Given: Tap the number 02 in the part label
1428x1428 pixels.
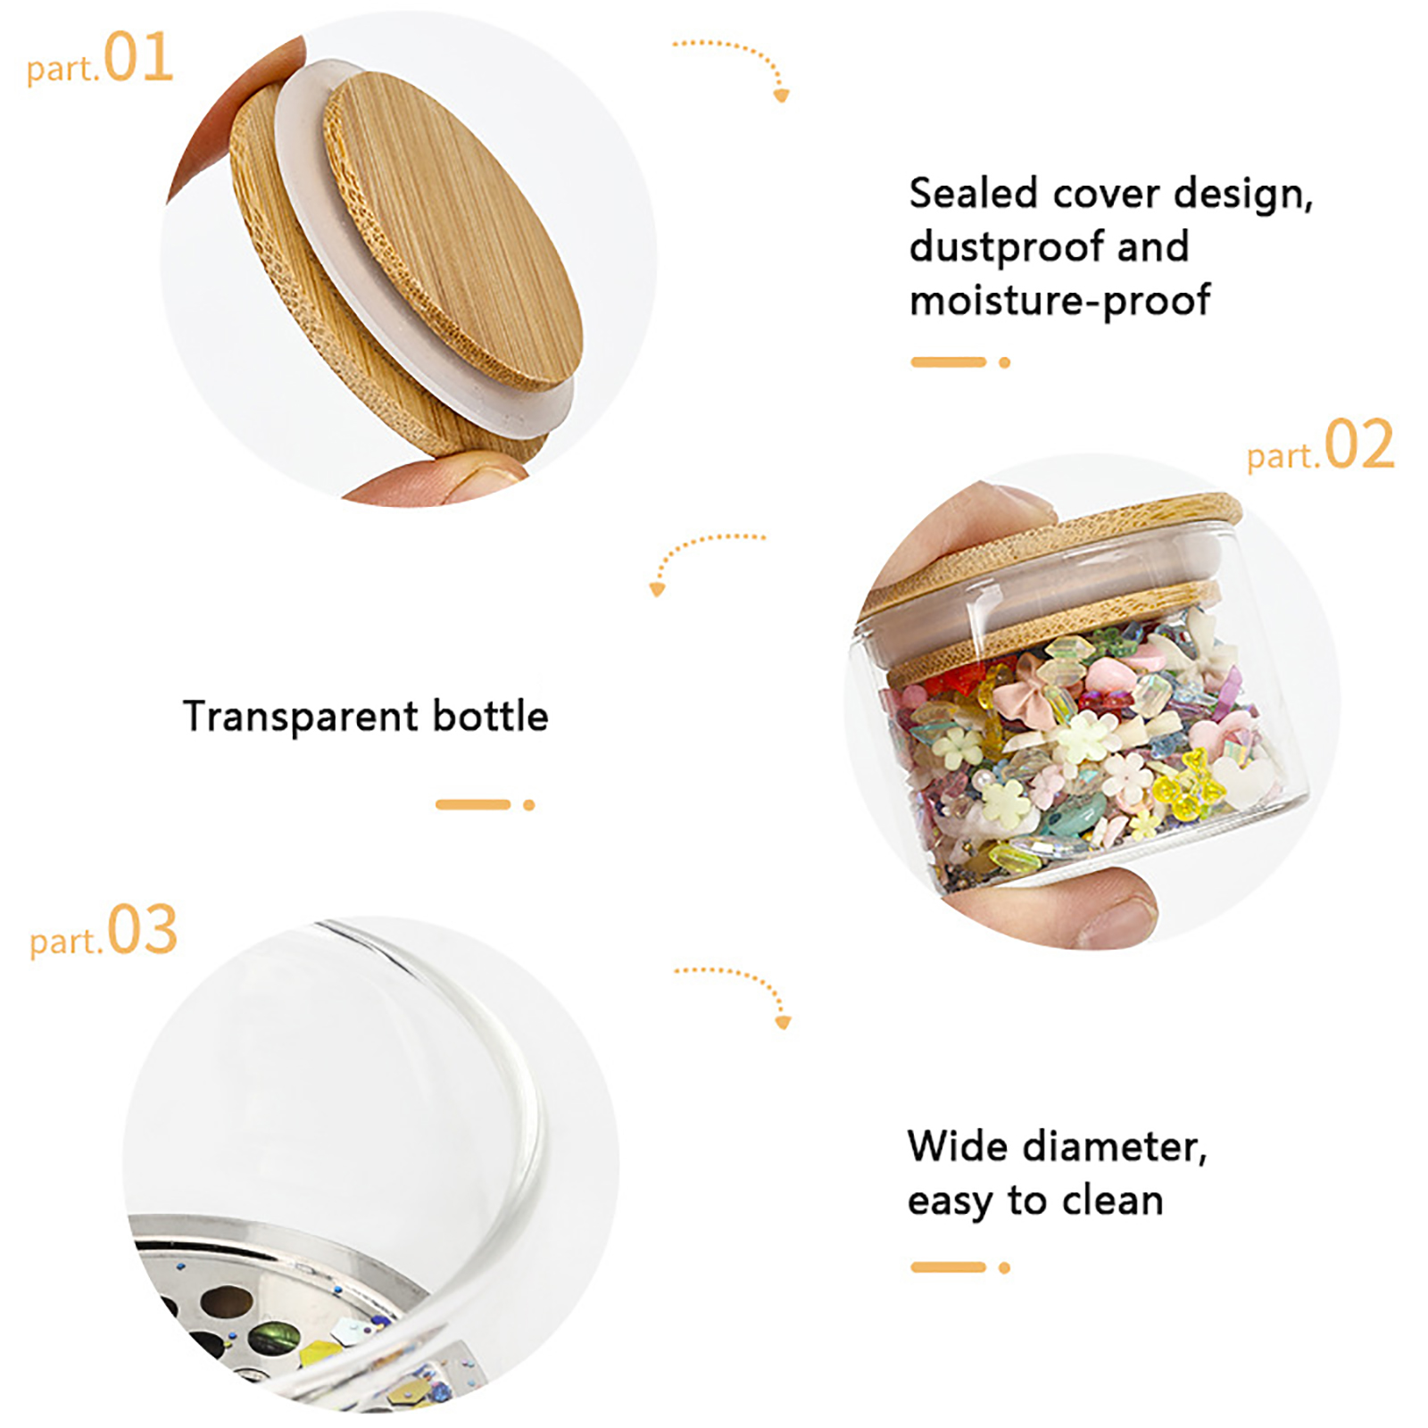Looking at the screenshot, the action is (1358, 444).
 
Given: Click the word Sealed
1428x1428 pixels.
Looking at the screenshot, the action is (974, 193).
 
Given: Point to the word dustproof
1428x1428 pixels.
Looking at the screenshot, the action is (1004, 248).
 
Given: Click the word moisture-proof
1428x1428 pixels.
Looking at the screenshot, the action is (1059, 301).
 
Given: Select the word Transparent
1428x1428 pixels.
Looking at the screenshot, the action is (301, 717).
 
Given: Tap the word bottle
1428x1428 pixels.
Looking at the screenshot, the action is (490, 716).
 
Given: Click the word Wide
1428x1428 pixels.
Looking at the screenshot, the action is (958, 1146).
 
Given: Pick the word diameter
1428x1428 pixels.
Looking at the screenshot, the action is (1115, 1147).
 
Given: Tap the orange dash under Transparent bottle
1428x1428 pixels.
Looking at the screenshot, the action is (473, 805).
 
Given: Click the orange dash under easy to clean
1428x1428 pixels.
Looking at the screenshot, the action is (948, 1267).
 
